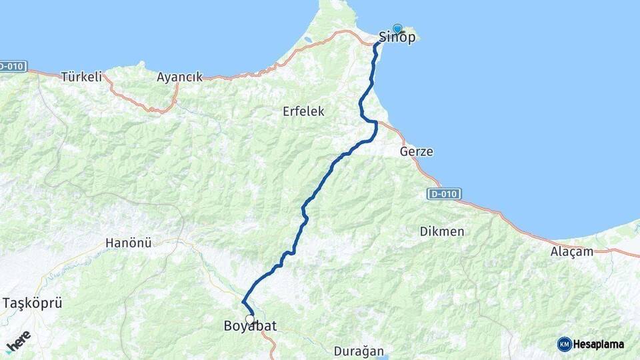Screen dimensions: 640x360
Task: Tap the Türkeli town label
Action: pos(82,77)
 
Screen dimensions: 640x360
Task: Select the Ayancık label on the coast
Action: pos(179,77)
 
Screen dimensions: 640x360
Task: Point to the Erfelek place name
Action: pos(303,111)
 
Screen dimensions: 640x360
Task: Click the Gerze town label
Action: pos(416,152)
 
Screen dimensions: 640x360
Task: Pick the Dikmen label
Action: pos(442,232)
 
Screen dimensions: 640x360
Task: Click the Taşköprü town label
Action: pos(32,303)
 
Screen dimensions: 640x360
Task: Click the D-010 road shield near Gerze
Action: pos(443,193)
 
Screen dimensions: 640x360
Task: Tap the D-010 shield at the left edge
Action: pos(12,66)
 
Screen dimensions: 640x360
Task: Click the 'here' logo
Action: pos(17,340)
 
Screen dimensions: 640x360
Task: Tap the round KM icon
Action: pos(564,344)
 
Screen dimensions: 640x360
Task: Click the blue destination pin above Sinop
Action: pos(398,29)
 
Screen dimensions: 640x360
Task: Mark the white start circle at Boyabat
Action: pos(250,319)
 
